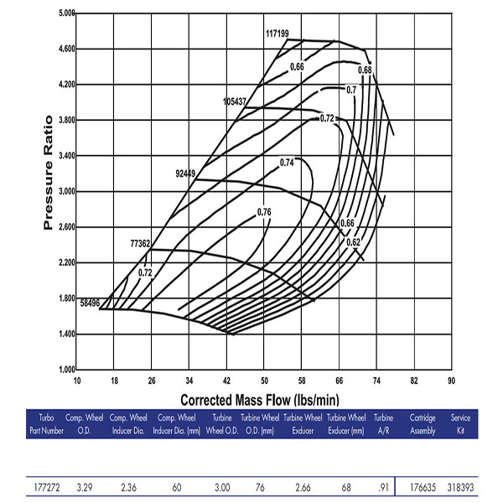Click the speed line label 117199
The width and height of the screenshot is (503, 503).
pos(277,34)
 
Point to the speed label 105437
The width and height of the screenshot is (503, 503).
pos(235,101)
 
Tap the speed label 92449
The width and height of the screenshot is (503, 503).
pos(185,174)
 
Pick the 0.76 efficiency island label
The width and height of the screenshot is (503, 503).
pos(264,212)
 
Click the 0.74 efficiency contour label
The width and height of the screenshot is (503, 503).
pos(288,162)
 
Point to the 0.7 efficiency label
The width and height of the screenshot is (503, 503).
pos(351,90)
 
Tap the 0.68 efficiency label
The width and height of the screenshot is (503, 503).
pos(365,70)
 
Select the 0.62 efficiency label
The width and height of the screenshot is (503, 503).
pos(353,242)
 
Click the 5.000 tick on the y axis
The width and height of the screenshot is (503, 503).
pos(65,14)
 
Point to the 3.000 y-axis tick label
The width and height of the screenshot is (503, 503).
pos(65,191)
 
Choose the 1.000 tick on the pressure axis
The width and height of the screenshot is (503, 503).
pos(65,369)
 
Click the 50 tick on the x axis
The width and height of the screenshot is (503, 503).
pos(264,379)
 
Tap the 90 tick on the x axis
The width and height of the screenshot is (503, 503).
pos(451,379)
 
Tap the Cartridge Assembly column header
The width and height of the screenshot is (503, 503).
pos(423,423)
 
